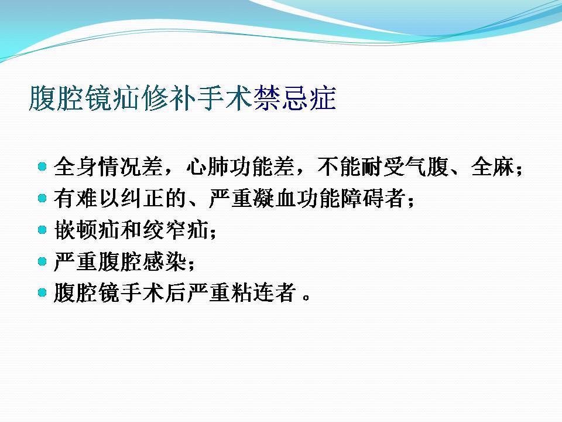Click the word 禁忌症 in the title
[294, 98]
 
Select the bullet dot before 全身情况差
[42, 166]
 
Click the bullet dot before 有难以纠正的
[42, 198]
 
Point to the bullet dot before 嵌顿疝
[42, 229]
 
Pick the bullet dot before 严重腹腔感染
[42, 261]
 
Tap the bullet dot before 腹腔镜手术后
[42, 292]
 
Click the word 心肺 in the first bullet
[207, 166]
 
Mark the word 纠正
[142, 198]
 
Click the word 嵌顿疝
[87, 230]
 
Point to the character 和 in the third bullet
[131, 230]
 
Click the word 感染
[164, 261]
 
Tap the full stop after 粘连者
[306, 298]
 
